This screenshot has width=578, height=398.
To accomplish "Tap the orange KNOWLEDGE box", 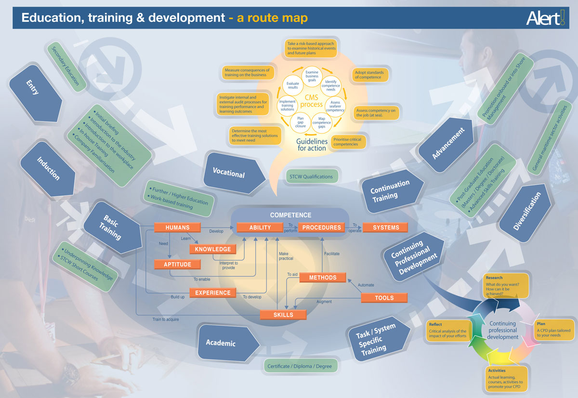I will pyautogui.click(x=213, y=249).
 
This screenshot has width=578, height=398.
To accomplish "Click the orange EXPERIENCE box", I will pyautogui.click(x=213, y=292).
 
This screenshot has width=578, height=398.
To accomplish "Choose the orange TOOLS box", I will pyautogui.click(x=384, y=298).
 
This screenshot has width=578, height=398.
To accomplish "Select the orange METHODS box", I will pyautogui.click(x=322, y=278).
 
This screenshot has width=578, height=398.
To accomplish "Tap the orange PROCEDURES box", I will pyautogui.click(x=322, y=227).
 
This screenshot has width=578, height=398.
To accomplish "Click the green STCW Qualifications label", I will pyautogui.click(x=311, y=176).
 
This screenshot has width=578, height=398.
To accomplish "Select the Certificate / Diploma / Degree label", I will pyautogui.click(x=300, y=366).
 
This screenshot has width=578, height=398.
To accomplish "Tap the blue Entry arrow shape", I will pyautogui.click(x=34, y=92).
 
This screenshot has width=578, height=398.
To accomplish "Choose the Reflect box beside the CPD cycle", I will pyautogui.click(x=447, y=331).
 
